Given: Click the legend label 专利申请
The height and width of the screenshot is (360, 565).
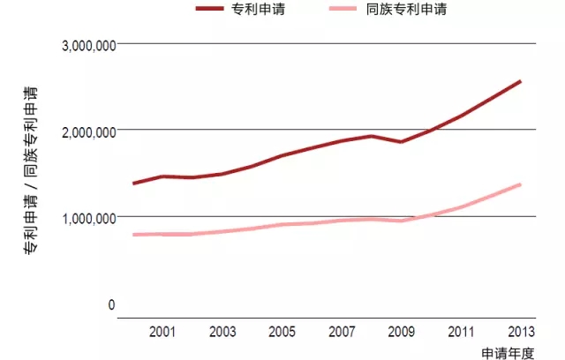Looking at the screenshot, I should [261, 11].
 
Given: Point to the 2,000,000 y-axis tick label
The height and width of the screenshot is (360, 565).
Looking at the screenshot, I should [88, 132].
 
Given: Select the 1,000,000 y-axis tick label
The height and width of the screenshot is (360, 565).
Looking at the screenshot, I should [88, 218].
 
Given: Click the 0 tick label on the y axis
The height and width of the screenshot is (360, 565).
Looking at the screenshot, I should [111, 305].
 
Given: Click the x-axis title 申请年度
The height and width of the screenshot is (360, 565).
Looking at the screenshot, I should [508, 352].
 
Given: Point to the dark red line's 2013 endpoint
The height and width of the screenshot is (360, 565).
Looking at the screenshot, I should [521, 81].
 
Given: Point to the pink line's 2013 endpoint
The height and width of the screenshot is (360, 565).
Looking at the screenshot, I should [521, 184].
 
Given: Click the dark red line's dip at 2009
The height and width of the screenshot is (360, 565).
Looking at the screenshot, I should [402, 141].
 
